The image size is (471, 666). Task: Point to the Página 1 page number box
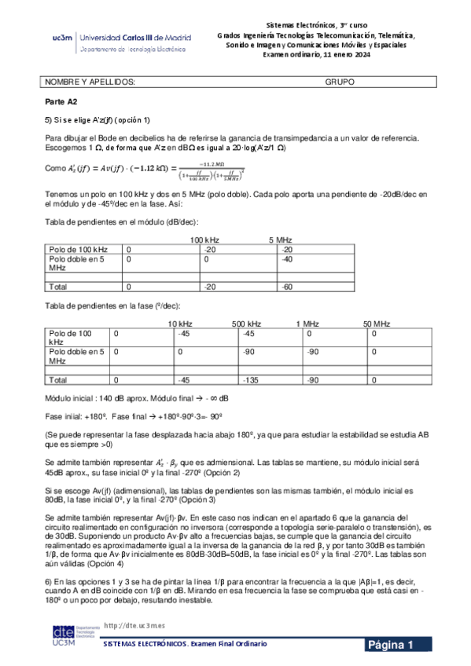[x=398, y=646]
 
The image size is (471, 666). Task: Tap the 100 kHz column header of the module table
[x=205, y=239]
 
